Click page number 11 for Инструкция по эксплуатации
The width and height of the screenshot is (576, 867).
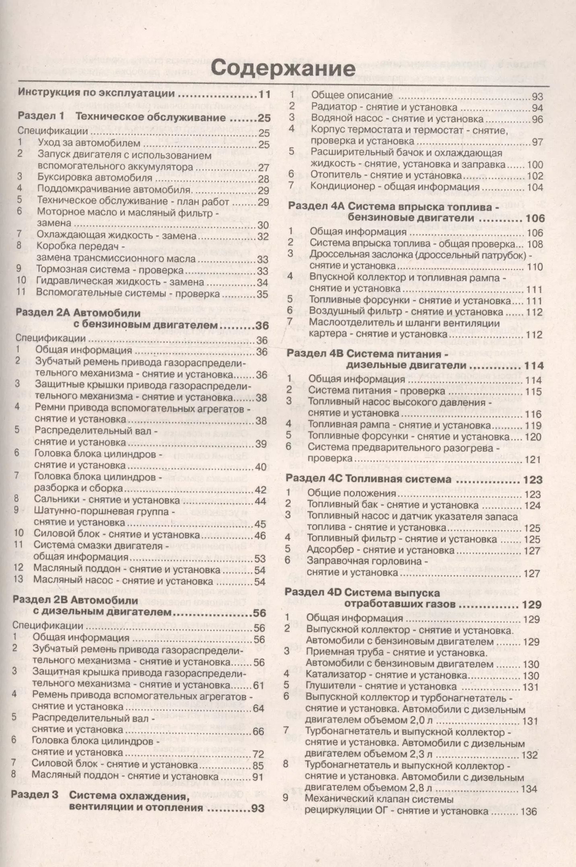tap(264, 95)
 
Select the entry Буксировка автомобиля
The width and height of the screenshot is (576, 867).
tap(95, 177)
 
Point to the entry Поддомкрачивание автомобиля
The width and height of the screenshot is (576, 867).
tap(113, 189)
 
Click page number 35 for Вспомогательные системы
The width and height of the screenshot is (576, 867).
tap(262, 294)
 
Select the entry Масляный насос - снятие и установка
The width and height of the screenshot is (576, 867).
tap(123, 581)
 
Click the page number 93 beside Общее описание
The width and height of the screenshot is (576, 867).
tap(537, 97)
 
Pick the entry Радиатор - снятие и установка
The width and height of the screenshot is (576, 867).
tap(384, 107)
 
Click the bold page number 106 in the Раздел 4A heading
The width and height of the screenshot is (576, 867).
tap(535, 218)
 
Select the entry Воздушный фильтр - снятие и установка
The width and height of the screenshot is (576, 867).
tap(406, 312)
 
